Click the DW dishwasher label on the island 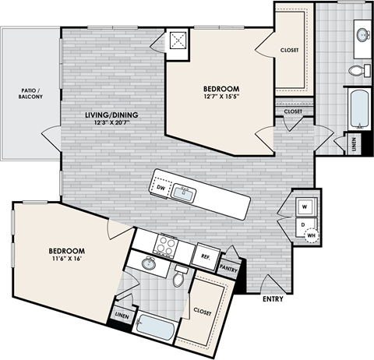tap(161, 188)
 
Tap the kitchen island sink tap(184, 193)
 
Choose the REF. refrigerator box tap(207, 256)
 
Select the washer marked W tap(304, 207)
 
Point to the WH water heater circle tap(312, 234)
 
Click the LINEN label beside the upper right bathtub tap(355, 143)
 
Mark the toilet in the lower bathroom tap(180, 277)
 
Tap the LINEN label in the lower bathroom tap(122, 315)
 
